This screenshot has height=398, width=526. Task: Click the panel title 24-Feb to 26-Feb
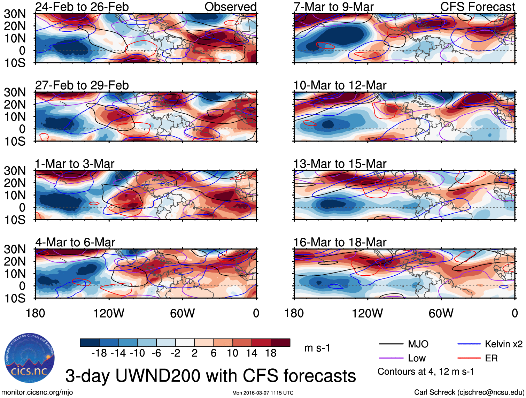[82, 7]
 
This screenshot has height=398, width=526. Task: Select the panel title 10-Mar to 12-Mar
[340, 85]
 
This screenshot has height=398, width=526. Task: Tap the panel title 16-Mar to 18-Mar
[340, 242]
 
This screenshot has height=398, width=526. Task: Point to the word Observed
[230, 7]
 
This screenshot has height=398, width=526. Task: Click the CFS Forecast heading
[477, 7]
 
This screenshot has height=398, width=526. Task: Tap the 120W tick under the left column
[109, 313]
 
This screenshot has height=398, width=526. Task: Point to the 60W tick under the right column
[441, 313]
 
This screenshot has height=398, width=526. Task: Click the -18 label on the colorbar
[99, 353]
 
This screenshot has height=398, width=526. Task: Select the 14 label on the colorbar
[252, 353]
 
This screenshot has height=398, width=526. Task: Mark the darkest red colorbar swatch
[280, 343]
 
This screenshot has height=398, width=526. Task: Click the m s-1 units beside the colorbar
[317, 348]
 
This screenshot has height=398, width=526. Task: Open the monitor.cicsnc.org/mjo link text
[37, 392]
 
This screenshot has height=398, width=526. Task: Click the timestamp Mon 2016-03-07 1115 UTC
[263, 393]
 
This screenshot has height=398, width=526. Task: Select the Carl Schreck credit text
[469, 392]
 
